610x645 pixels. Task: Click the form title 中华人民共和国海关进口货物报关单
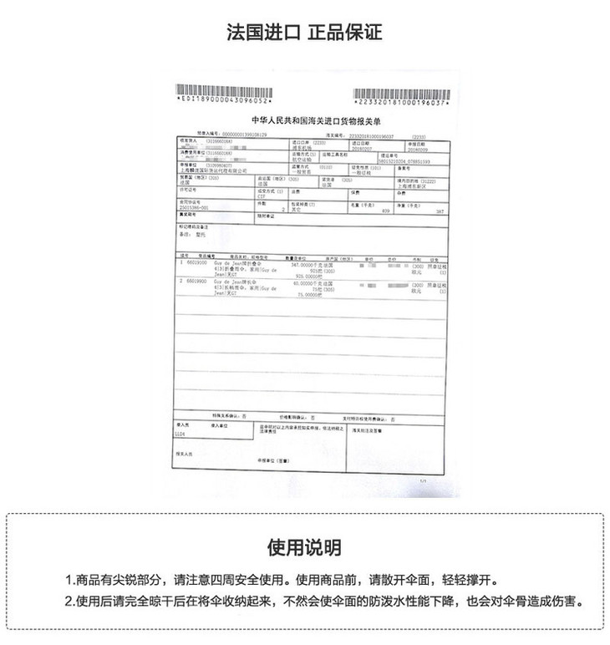305,121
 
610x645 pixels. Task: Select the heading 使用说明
304,548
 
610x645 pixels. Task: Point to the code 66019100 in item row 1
196,262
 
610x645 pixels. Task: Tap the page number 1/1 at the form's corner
423,481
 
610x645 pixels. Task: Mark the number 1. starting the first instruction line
69,581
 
